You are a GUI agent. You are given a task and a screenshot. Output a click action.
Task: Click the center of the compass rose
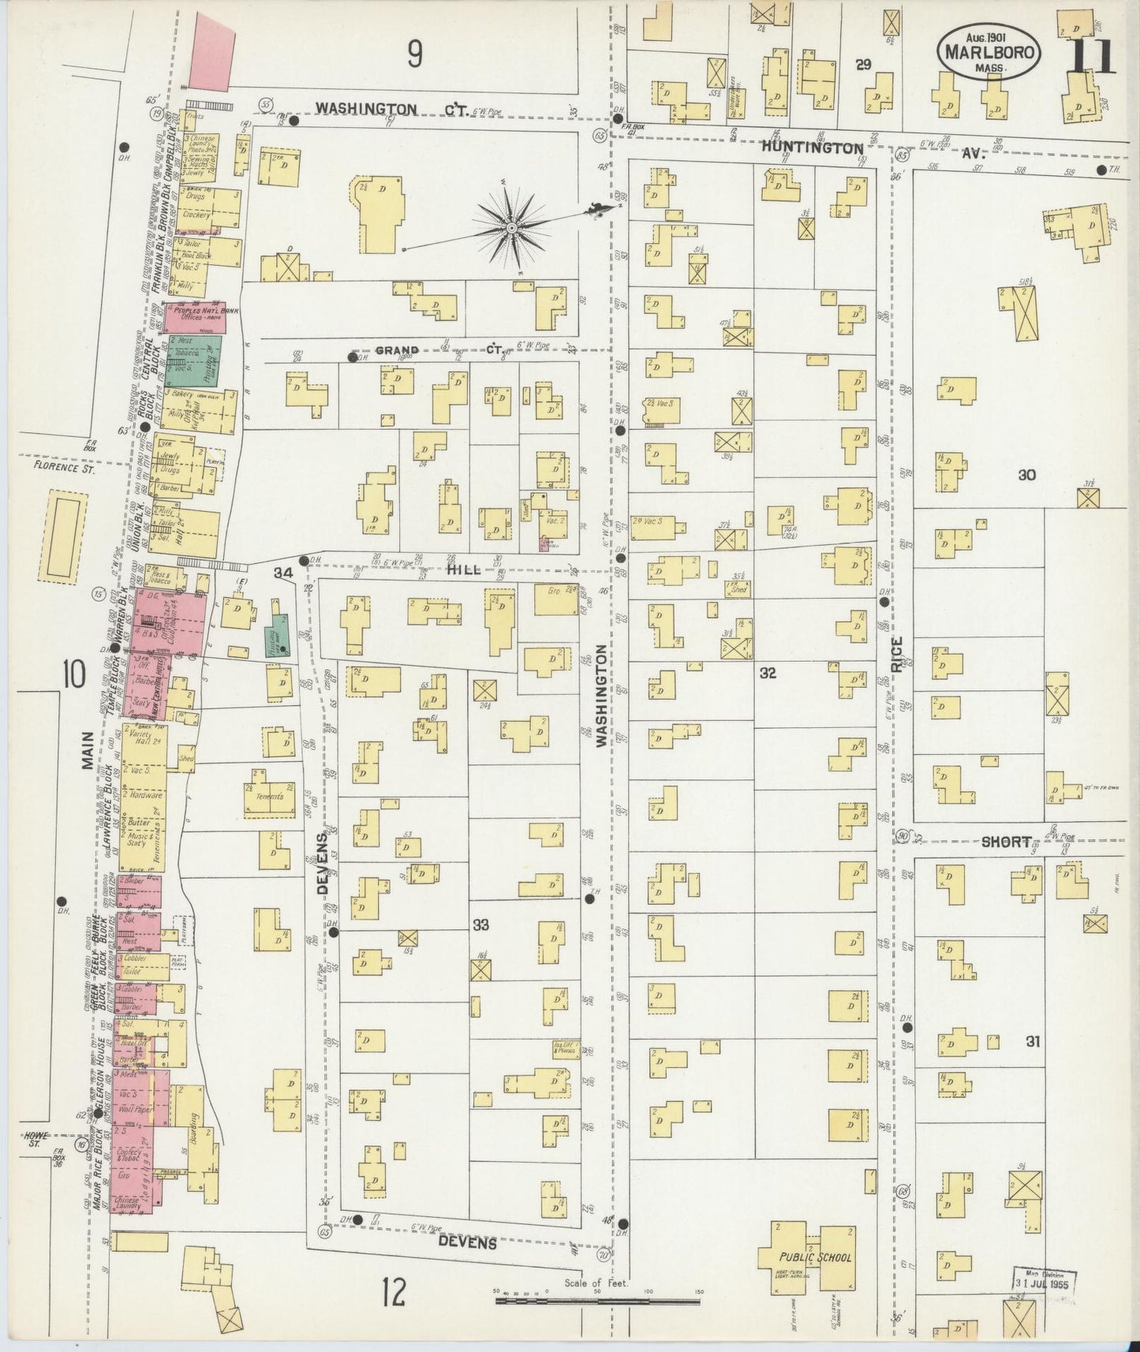(511, 227)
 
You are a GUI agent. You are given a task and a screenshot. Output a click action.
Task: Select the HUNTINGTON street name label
(813, 148)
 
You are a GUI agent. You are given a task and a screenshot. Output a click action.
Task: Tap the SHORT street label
(1006, 842)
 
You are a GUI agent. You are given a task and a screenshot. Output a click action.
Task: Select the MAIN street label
(87, 749)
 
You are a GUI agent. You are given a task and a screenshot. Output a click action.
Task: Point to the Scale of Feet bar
(598, 1298)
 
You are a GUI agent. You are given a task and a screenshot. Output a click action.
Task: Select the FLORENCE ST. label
(63, 468)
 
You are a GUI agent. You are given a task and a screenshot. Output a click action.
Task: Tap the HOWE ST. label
(35, 1138)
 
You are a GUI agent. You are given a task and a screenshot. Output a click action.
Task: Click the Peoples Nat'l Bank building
(195, 316)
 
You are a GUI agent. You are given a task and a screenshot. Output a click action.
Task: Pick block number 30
(1026, 475)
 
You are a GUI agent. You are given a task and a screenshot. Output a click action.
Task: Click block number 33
(480, 924)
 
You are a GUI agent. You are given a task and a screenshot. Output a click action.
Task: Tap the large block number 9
(415, 54)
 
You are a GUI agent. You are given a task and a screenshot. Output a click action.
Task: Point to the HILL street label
(462, 569)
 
